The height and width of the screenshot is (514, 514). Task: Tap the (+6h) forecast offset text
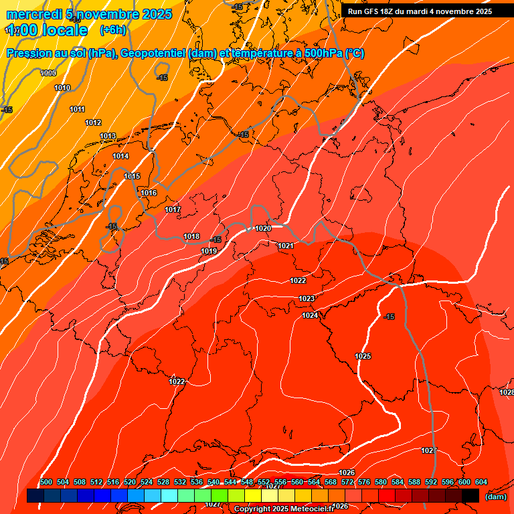pyautogui.click(x=112, y=29)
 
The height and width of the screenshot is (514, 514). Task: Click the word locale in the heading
pyautogui.click(x=64, y=30)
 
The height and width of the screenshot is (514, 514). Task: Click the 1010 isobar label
pyautogui.click(x=62, y=88)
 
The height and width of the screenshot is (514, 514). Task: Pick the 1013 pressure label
pyautogui.click(x=108, y=136)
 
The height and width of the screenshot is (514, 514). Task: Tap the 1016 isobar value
pyautogui.click(x=149, y=193)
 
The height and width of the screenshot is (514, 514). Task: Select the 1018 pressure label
pyautogui.click(x=191, y=236)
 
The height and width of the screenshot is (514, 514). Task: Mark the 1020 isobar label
pyautogui.click(x=263, y=228)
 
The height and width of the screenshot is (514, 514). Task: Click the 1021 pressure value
pyautogui.click(x=286, y=246)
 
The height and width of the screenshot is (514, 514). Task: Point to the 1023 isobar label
pyautogui.click(x=307, y=298)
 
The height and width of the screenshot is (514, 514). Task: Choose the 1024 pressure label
pyautogui.click(x=310, y=315)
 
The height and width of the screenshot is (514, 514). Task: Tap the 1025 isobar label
pyautogui.click(x=363, y=356)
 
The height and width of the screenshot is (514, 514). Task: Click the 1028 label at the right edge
pyautogui.click(x=506, y=392)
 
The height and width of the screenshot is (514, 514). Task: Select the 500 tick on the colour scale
pyautogui.click(x=46, y=482)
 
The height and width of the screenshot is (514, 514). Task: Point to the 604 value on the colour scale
pyautogui.click(x=481, y=482)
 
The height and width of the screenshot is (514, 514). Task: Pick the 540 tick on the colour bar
pyautogui.click(x=213, y=482)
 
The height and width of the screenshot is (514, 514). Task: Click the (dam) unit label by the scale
pyautogui.click(x=495, y=496)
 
